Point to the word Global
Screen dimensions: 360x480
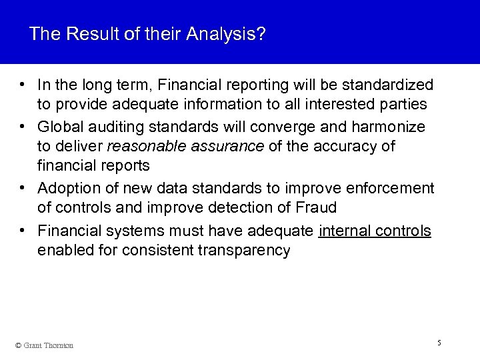(x=61, y=127)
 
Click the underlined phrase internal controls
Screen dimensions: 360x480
(x=375, y=231)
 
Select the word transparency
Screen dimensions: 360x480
(x=248, y=251)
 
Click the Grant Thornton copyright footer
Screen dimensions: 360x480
(x=45, y=345)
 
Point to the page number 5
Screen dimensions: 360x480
(x=439, y=343)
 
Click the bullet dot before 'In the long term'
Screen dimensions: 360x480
(x=23, y=85)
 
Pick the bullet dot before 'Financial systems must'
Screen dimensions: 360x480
(x=23, y=231)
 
